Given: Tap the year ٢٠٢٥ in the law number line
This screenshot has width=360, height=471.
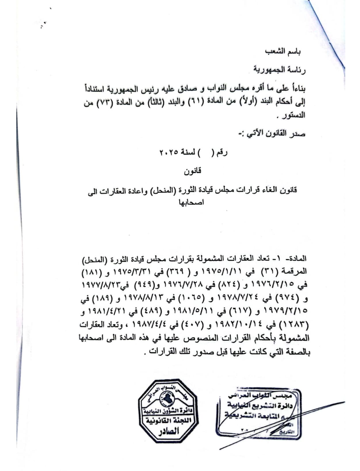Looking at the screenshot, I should coord(168,152).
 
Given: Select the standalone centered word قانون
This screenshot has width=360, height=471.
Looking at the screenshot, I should coord(193,171).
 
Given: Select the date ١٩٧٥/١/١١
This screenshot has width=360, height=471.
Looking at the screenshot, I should coord(223,271).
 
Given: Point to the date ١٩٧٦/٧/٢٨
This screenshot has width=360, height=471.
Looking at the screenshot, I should coord(176,285).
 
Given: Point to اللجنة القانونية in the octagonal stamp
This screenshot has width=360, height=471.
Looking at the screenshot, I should coord(168,420).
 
